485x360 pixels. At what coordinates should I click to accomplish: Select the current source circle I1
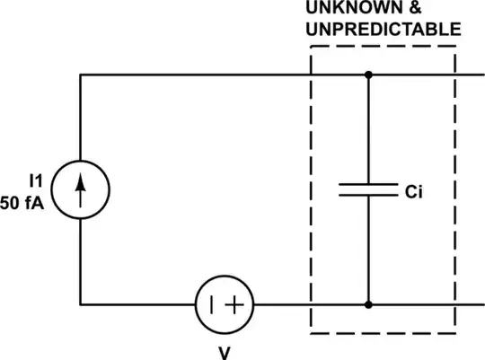(x=81, y=189)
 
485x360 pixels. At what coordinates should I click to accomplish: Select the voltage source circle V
(x=225, y=303)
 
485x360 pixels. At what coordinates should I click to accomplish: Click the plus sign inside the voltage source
(x=235, y=303)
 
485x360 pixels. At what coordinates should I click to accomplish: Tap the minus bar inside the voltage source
(x=212, y=303)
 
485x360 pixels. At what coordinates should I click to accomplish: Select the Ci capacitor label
(x=414, y=191)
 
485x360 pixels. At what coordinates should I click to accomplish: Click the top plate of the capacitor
(x=367, y=185)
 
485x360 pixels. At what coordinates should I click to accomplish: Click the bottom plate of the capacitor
(x=367, y=195)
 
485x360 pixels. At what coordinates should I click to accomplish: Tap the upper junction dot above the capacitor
(x=367, y=75)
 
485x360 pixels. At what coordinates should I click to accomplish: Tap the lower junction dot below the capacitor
(x=367, y=303)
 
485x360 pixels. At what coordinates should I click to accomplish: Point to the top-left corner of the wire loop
(x=81, y=75)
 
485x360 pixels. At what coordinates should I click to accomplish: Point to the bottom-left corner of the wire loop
(x=81, y=303)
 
